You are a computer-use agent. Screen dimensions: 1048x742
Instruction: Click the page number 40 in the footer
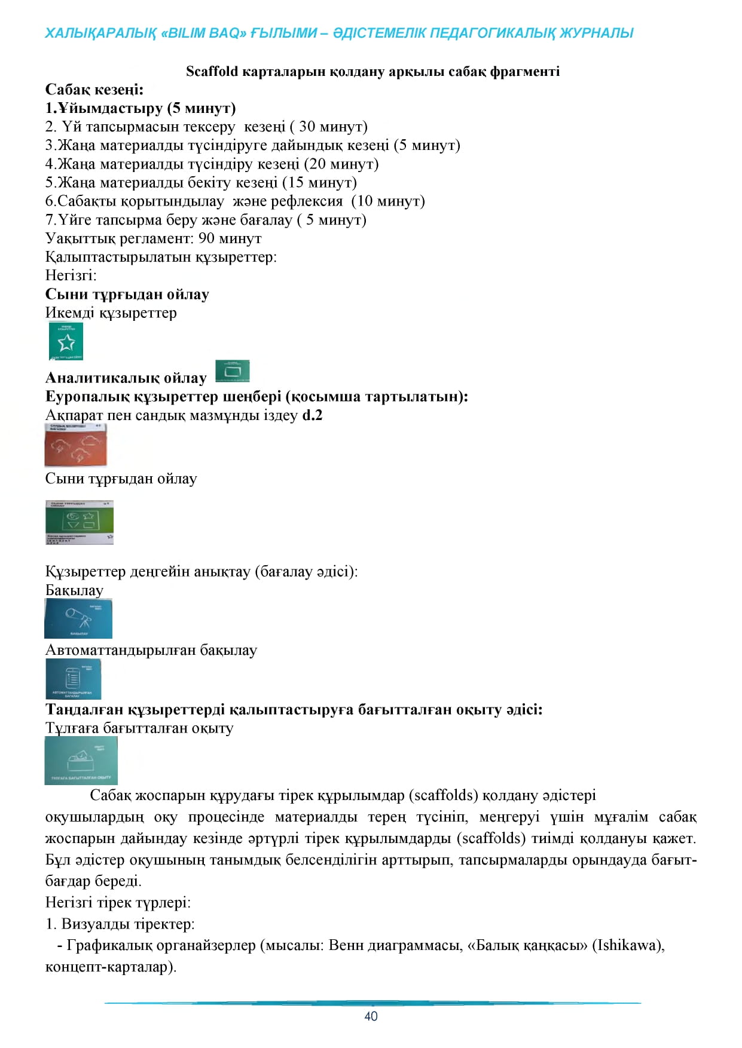pyautogui.click(x=371, y=1016)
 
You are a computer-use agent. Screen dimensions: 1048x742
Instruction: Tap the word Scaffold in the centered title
pyautogui.click(x=212, y=72)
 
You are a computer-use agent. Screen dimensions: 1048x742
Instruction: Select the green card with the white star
pyautogui.click(x=66, y=341)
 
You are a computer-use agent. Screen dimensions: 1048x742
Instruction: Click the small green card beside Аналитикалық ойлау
pyautogui.click(x=232, y=372)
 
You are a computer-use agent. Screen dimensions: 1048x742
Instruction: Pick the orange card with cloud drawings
pyautogui.click(x=76, y=445)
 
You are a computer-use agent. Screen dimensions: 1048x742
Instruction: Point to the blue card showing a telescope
pyautogui.click(x=78, y=619)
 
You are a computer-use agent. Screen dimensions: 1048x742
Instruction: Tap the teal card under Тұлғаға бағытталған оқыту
pyautogui.click(x=81, y=760)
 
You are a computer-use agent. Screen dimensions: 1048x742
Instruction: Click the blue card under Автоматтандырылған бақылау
pyautogui.click(x=74, y=679)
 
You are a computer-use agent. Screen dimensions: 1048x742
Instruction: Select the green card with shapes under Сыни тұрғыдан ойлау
pyautogui.click(x=80, y=522)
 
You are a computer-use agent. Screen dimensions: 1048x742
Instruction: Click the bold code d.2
pyautogui.click(x=312, y=415)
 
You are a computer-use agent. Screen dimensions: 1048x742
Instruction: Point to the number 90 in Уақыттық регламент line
pyautogui.click(x=206, y=238)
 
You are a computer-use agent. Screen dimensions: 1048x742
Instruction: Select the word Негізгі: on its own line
pyautogui.click(x=71, y=275)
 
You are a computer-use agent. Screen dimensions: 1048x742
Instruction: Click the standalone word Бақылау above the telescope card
pyautogui.click(x=74, y=590)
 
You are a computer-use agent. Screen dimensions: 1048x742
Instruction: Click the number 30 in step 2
pyautogui.click(x=307, y=127)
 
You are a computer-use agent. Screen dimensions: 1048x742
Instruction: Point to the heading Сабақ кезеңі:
pyautogui.click(x=94, y=90)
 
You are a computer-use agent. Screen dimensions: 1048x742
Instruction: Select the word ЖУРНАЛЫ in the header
pyautogui.click(x=596, y=33)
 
